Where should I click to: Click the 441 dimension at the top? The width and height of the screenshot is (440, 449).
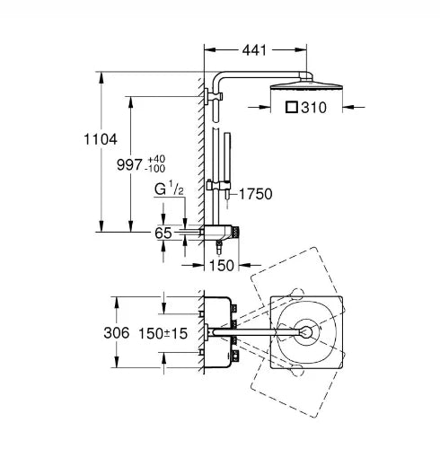[254, 50]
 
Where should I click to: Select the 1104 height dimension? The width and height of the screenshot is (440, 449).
[101, 139]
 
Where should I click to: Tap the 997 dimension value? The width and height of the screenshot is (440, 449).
[129, 164]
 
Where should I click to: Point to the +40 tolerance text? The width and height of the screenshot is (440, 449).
[156, 159]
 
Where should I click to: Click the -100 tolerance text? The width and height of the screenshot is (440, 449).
[154, 169]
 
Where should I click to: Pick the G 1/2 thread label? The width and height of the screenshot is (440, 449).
[169, 189]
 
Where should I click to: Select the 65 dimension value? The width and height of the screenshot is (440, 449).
[163, 233]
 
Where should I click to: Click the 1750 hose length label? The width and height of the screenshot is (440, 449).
[256, 194]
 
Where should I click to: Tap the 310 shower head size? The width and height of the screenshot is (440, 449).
[313, 108]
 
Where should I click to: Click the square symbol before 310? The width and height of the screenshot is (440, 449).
[292, 107]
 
